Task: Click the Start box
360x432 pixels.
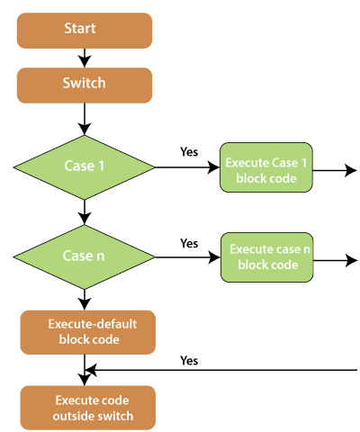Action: tap(85, 31)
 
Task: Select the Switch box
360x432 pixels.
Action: tap(85, 85)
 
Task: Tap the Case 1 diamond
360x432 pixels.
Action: tap(85, 167)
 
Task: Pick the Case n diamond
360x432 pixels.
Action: tap(85, 257)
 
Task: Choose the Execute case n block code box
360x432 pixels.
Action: tap(267, 257)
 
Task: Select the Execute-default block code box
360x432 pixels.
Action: tap(88, 332)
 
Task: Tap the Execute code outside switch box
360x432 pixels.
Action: tap(88, 408)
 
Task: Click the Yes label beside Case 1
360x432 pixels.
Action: tap(189, 152)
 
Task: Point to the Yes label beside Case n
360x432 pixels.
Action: tap(189, 243)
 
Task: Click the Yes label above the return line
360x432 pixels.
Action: tap(189, 360)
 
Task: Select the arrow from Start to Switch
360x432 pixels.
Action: tap(85, 58)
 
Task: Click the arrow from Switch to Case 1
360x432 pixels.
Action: tap(85, 120)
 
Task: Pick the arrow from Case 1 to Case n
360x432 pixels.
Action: tap(85, 212)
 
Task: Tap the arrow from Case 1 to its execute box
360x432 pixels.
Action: tap(187, 167)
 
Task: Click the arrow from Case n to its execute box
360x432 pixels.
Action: tap(188, 257)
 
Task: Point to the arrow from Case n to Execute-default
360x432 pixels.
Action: tap(85, 300)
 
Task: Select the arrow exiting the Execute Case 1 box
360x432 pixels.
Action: tap(335, 170)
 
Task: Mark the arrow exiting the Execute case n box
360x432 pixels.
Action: tap(336, 260)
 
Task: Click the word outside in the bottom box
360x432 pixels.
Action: tap(72, 416)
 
